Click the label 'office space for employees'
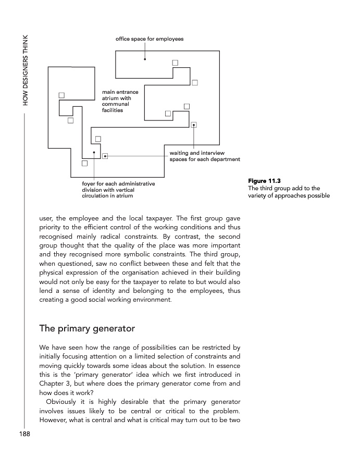(x=149, y=39)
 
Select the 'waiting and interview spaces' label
(x=205, y=156)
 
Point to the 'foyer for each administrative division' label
(x=118, y=190)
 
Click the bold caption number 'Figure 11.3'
(x=264, y=181)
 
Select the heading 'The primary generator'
(x=87, y=329)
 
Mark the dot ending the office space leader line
(x=145, y=59)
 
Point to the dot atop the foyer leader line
(x=94, y=153)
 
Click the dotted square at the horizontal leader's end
(x=105, y=156)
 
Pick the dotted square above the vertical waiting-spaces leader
(x=194, y=125)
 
